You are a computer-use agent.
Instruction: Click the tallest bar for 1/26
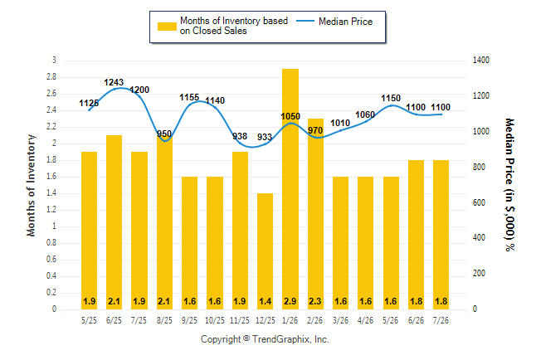point(290,189)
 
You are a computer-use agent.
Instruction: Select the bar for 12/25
point(265,251)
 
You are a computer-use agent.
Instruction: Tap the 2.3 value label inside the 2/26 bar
point(314,301)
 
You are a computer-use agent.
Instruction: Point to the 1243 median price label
point(114,82)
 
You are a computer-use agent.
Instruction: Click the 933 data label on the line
point(264,137)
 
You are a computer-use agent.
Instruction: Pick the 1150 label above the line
point(391,98)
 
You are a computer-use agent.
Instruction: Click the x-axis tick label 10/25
point(215,320)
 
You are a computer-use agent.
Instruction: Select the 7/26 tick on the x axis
point(441,320)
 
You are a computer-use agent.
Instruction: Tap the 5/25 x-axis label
point(89,320)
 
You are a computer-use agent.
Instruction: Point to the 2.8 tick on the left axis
point(51,76)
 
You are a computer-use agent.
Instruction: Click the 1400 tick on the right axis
point(481,61)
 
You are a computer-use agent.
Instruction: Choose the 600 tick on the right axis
point(479,202)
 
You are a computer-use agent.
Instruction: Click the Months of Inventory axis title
point(31,185)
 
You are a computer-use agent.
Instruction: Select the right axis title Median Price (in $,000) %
point(509,185)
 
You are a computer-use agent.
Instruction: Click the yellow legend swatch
point(167,27)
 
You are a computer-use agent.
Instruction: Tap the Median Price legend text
point(346,22)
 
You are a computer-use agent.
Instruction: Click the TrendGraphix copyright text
point(265,339)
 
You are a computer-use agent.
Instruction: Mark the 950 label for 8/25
point(164,134)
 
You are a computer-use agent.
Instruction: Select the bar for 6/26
point(416,235)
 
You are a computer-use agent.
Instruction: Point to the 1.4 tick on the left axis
point(51,193)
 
